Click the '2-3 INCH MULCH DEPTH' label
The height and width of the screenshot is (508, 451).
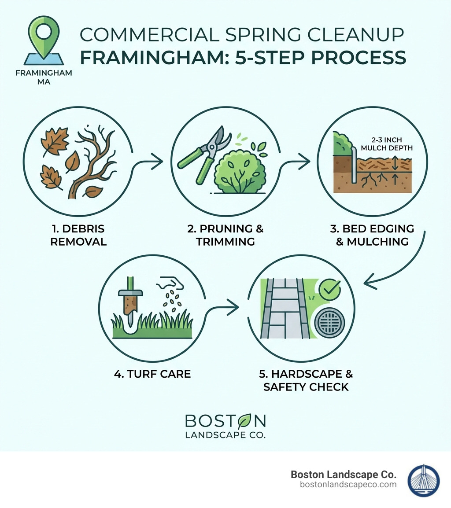(386, 144)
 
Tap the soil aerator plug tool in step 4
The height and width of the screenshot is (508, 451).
(130, 308)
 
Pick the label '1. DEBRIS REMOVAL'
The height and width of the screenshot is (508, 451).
(78, 235)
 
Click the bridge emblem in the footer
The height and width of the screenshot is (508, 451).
(424, 480)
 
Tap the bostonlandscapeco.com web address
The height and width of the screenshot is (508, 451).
(348, 485)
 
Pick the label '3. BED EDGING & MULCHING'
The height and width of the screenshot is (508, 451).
(372, 235)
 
